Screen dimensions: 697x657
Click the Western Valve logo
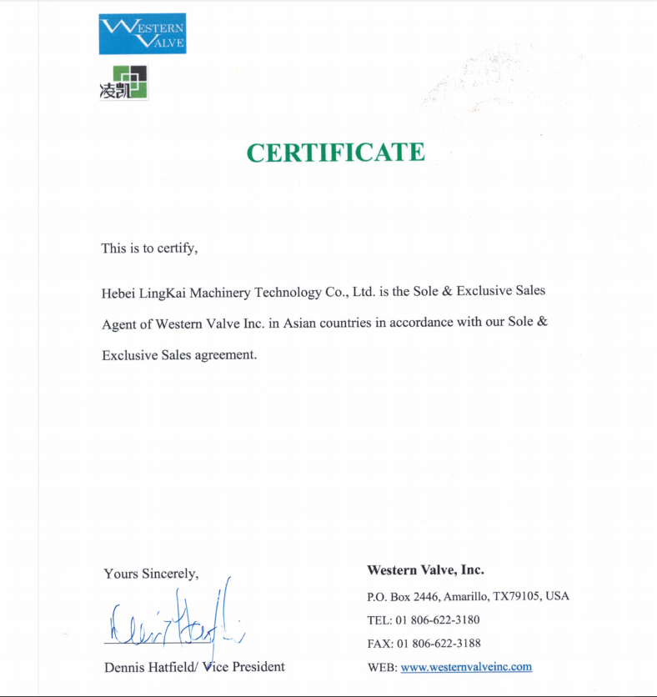coord(143,34)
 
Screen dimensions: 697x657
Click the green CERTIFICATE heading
coord(335,153)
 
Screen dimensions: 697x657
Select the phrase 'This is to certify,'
coord(149,248)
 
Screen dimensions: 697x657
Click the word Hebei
coord(118,293)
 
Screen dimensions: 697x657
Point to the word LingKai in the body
coord(162,293)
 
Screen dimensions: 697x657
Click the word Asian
coord(298,323)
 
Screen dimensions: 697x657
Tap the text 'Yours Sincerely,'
coord(151,574)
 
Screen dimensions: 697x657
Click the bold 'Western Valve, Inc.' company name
coord(425,570)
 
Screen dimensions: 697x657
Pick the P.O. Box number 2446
coord(426,597)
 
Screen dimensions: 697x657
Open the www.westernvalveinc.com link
coord(466,667)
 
